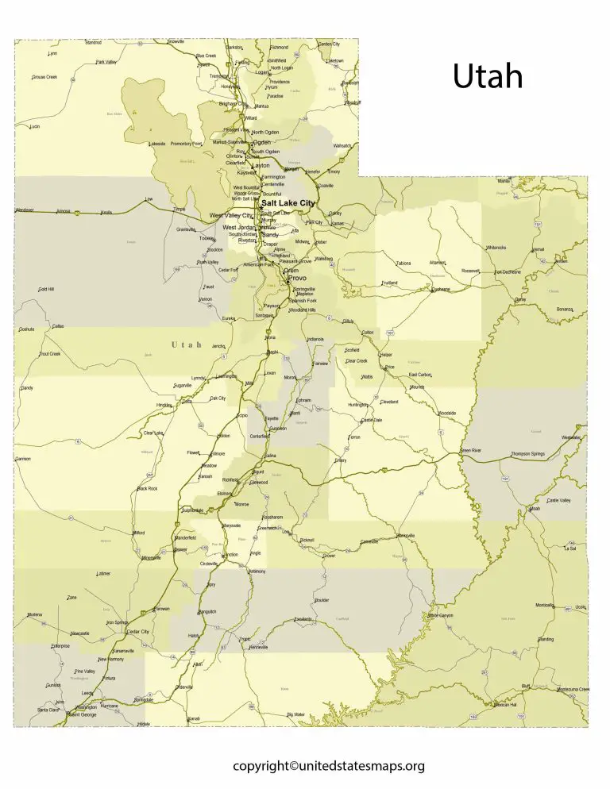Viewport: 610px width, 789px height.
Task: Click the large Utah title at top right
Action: [x=488, y=77]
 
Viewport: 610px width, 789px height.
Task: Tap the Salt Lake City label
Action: [x=288, y=203]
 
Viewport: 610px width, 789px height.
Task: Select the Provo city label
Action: [x=296, y=279]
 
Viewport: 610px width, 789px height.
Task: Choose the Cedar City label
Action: [x=138, y=631]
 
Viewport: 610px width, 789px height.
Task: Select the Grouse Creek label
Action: [x=44, y=77]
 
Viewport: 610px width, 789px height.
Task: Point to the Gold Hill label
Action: [x=46, y=289]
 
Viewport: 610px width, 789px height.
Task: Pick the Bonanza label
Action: [x=565, y=309]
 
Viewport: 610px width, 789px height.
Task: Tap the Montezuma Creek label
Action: [x=573, y=689]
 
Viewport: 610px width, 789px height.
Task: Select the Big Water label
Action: [x=295, y=714]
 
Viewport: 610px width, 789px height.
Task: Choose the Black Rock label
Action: [x=147, y=488]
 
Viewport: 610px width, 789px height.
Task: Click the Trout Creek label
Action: [x=49, y=353]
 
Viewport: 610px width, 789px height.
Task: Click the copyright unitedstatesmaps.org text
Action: [x=329, y=766]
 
